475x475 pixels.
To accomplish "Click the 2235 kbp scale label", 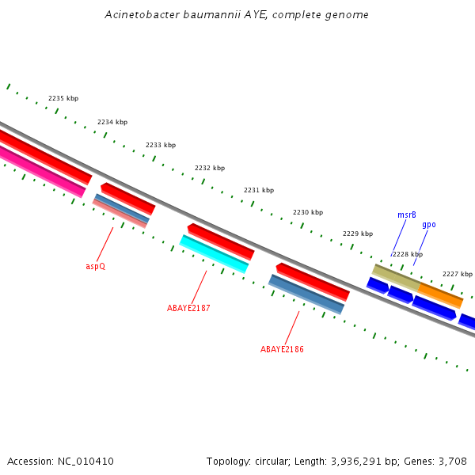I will click(x=63, y=98).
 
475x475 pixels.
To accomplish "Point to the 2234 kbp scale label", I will click(x=112, y=122).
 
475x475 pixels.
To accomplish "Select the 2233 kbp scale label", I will click(x=161, y=145).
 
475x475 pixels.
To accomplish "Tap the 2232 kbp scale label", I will click(x=210, y=168).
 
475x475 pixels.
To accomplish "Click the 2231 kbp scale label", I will click(x=259, y=190).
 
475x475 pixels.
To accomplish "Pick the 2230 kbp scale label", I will click(x=308, y=212).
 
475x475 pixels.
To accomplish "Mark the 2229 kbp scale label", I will click(x=358, y=234).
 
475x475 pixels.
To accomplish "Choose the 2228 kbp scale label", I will click(x=407, y=254).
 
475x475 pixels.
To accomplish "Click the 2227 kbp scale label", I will click(x=457, y=274).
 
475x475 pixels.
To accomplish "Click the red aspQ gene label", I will click(x=95, y=266).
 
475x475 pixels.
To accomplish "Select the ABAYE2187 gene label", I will click(x=188, y=307).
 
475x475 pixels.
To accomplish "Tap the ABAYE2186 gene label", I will click(x=282, y=349).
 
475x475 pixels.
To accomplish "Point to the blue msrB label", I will click(x=407, y=215).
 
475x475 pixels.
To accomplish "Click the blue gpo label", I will click(x=428, y=224).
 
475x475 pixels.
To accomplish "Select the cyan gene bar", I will click(x=214, y=253).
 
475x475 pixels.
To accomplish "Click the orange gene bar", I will click(x=440, y=295).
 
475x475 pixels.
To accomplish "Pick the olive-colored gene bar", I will click(x=396, y=276).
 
